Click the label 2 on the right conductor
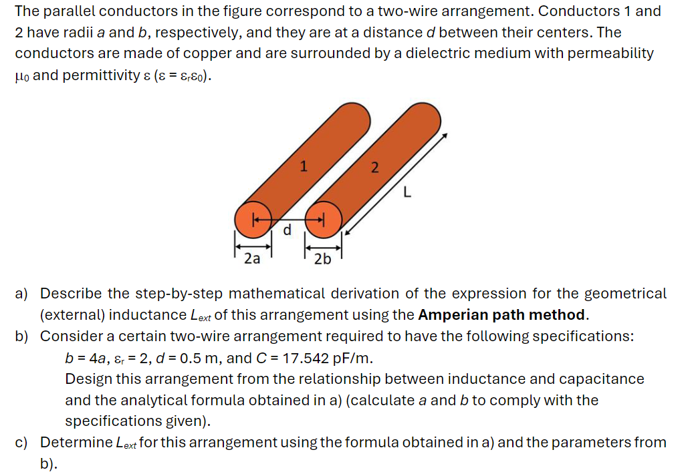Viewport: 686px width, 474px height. tap(374, 168)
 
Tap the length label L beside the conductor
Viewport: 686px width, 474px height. tap(406, 194)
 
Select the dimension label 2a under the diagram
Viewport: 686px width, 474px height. tap(252, 258)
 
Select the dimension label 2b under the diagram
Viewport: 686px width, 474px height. tap(322, 259)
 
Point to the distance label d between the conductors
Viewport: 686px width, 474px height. tap(288, 230)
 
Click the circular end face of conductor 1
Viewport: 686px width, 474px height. tap(253, 218)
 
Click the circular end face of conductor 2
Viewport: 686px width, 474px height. tap(324, 218)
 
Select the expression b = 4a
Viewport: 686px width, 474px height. tap(84, 358)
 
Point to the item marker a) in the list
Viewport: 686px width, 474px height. tap(22, 294)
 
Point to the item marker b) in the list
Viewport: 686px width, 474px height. tap(22, 336)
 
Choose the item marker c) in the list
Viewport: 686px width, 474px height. tap(22, 443)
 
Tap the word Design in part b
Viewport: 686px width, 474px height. tap(88, 379)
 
